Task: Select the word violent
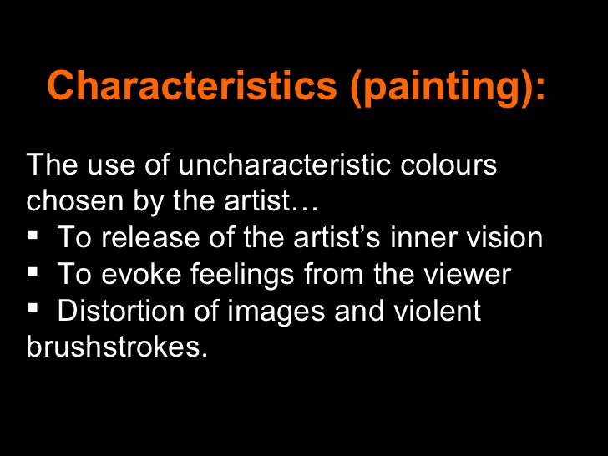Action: (x=440, y=312)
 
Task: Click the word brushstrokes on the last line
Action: (x=115, y=347)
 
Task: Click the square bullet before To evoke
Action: (x=33, y=271)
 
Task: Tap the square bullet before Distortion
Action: (x=33, y=308)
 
